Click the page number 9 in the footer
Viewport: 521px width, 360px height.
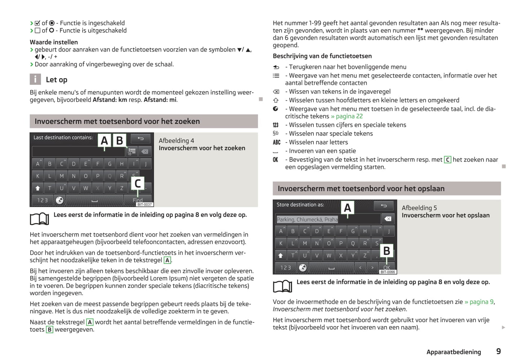(x=498, y=351)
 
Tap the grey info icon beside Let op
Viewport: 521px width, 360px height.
(x=35, y=79)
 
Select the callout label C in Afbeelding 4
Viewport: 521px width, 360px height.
(x=137, y=184)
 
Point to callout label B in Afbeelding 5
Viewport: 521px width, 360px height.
(x=387, y=251)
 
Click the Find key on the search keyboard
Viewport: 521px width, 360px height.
(x=138, y=200)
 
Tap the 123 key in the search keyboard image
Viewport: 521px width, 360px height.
(x=43, y=200)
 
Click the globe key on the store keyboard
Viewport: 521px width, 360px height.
(x=303, y=268)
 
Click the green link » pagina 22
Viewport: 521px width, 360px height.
(x=347, y=116)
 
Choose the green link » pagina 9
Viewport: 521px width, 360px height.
(x=479, y=302)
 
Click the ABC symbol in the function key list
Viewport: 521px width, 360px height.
(x=277, y=142)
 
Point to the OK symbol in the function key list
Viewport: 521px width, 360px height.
(x=275, y=160)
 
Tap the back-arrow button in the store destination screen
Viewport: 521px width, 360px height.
(x=384, y=206)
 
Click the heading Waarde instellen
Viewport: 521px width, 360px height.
(x=54, y=42)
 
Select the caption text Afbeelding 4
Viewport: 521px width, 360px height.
(x=176, y=141)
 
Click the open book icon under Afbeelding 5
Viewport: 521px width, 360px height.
(x=282, y=286)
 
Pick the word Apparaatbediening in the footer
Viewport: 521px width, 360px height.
(x=454, y=352)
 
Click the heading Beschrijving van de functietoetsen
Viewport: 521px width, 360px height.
(x=322, y=56)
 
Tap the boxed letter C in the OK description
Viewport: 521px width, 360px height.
(x=447, y=160)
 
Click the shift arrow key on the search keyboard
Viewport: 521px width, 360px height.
(x=37, y=188)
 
